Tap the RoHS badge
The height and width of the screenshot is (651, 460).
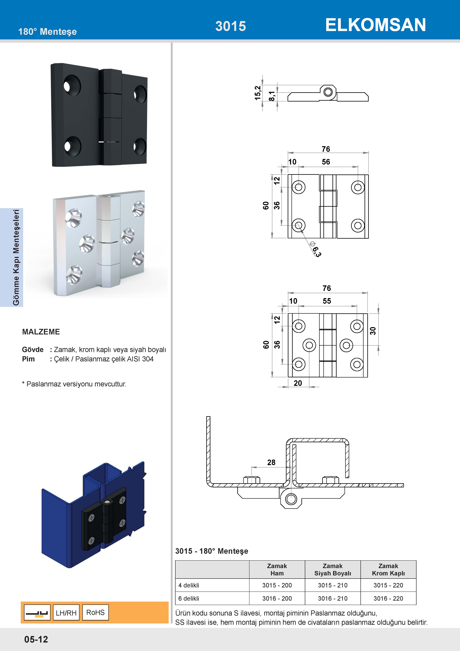(95, 612)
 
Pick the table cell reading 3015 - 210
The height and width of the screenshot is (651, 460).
(332, 585)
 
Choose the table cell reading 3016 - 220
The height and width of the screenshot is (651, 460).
(388, 598)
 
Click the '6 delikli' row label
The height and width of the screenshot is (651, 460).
(189, 598)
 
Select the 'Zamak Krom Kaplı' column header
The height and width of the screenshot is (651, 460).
(388, 569)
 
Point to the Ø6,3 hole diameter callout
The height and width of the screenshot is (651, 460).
(315, 249)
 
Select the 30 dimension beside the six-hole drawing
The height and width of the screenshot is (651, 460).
(373, 331)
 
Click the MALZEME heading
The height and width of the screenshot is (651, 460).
(41, 332)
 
